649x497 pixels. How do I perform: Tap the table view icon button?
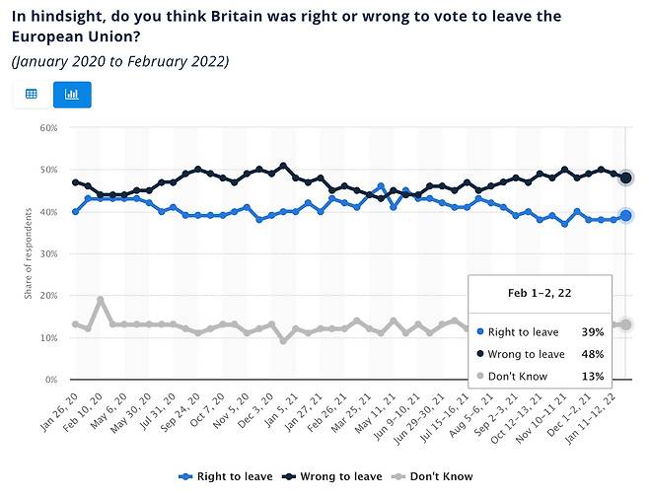point(32,95)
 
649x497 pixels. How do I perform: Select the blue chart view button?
point(71,95)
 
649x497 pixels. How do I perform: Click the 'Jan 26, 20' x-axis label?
point(59,406)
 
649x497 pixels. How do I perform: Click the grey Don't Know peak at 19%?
point(101,300)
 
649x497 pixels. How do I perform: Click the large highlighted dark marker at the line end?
point(626,178)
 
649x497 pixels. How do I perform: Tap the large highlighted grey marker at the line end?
point(626,324)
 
